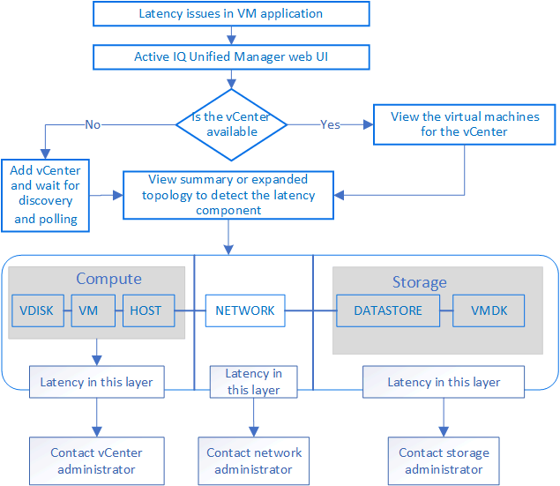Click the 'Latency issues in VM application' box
(x=230, y=14)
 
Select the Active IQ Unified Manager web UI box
(x=230, y=56)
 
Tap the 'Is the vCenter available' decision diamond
(x=230, y=124)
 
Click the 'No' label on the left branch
(x=93, y=124)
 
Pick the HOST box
(x=146, y=310)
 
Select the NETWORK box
(x=245, y=310)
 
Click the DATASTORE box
(x=388, y=310)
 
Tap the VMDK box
(x=488, y=310)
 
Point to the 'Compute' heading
(x=108, y=279)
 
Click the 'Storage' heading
(x=419, y=282)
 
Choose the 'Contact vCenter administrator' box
(x=96, y=460)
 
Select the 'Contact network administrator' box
(x=254, y=460)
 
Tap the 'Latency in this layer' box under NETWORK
(x=253, y=382)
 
